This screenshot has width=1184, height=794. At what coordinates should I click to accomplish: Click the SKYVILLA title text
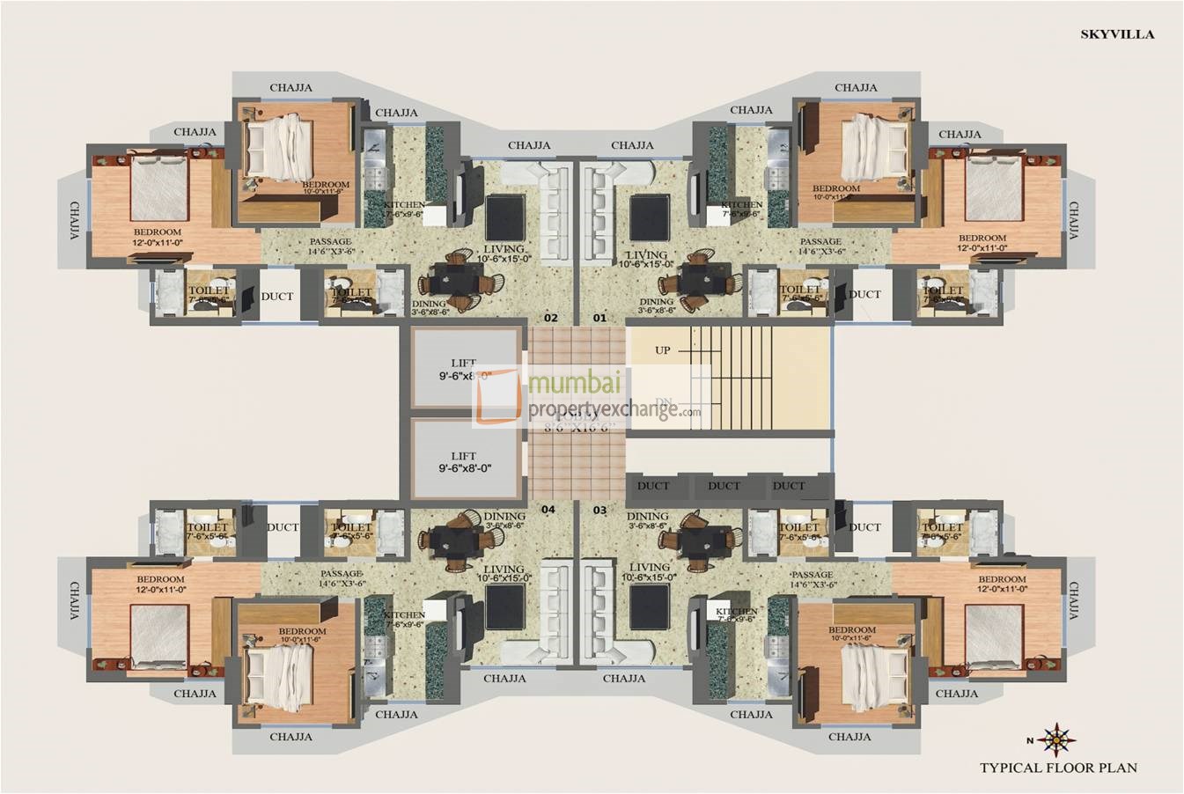[x=1117, y=34]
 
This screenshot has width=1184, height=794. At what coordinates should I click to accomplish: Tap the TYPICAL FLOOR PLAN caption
[x=1058, y=768]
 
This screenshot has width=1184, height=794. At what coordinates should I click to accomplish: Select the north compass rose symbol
[x=1055, y=739]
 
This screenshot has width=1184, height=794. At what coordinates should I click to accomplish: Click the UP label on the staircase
[x=663, y=350]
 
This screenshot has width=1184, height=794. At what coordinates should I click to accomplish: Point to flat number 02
[x=551, y=317]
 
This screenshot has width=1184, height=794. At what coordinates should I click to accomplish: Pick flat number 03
[x=600, y=510]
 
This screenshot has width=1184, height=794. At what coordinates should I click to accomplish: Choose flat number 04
[x=548, y=510]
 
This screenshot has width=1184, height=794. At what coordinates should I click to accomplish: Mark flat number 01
[x=600, y=317]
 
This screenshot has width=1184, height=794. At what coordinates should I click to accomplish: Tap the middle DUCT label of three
[x=724, y=486]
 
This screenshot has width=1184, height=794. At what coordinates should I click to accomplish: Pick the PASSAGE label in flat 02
[x=331, y=242]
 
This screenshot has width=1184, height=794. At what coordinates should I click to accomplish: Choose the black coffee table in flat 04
[x=505, y=607]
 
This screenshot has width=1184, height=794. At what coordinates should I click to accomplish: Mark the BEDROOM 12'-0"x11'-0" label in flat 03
[x=1002, y=584]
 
